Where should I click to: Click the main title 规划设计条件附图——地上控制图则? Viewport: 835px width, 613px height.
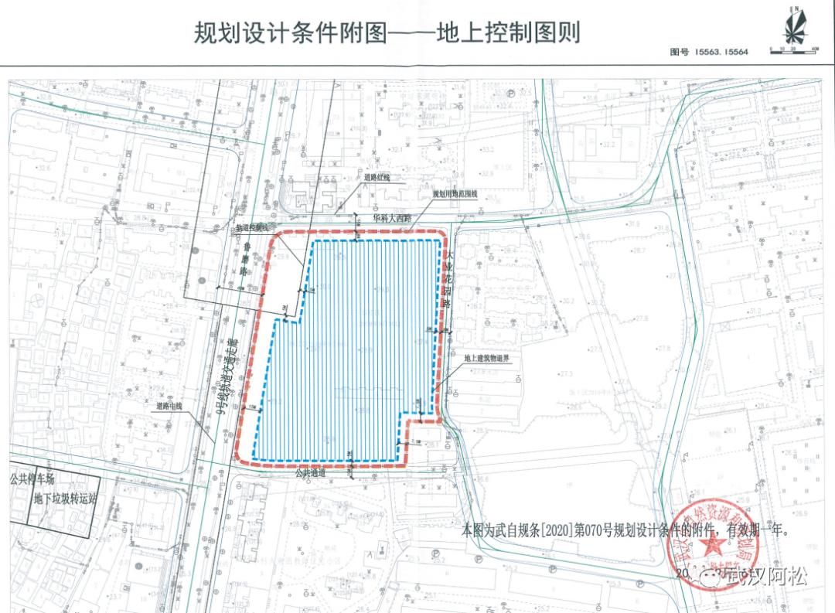(387, 33)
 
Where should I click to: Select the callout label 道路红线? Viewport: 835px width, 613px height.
(378, 177)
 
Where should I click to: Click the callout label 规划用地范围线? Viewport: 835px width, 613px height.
(455, 193)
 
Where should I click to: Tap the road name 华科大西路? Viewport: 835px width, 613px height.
(390, 219)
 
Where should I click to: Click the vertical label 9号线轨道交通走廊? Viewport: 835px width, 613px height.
(229, 376)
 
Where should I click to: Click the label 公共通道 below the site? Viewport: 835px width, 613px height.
(310, 472)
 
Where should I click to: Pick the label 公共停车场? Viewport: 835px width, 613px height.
(32, 479)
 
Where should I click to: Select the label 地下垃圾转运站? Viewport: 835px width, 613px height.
(66, 499)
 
